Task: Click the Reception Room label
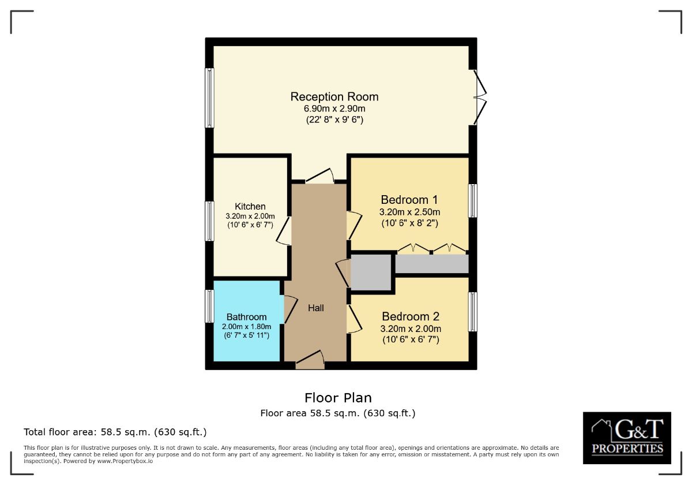(334, 96)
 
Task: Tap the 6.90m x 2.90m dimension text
(334, 109)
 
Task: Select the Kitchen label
(250, 206)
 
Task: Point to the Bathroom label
(246, 317)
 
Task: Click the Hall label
(315, 308)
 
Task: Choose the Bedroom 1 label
(409, 200)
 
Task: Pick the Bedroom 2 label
(411, 316)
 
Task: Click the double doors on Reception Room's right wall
(479, 97)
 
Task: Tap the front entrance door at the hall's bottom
(310, 360)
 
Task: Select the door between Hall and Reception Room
(319, 176)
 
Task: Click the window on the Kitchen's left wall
(210, 221)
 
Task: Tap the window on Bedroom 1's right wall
(472, 201)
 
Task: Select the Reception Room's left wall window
(210, 98)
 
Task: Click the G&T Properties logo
(627, 438)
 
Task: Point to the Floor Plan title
(338, 398)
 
